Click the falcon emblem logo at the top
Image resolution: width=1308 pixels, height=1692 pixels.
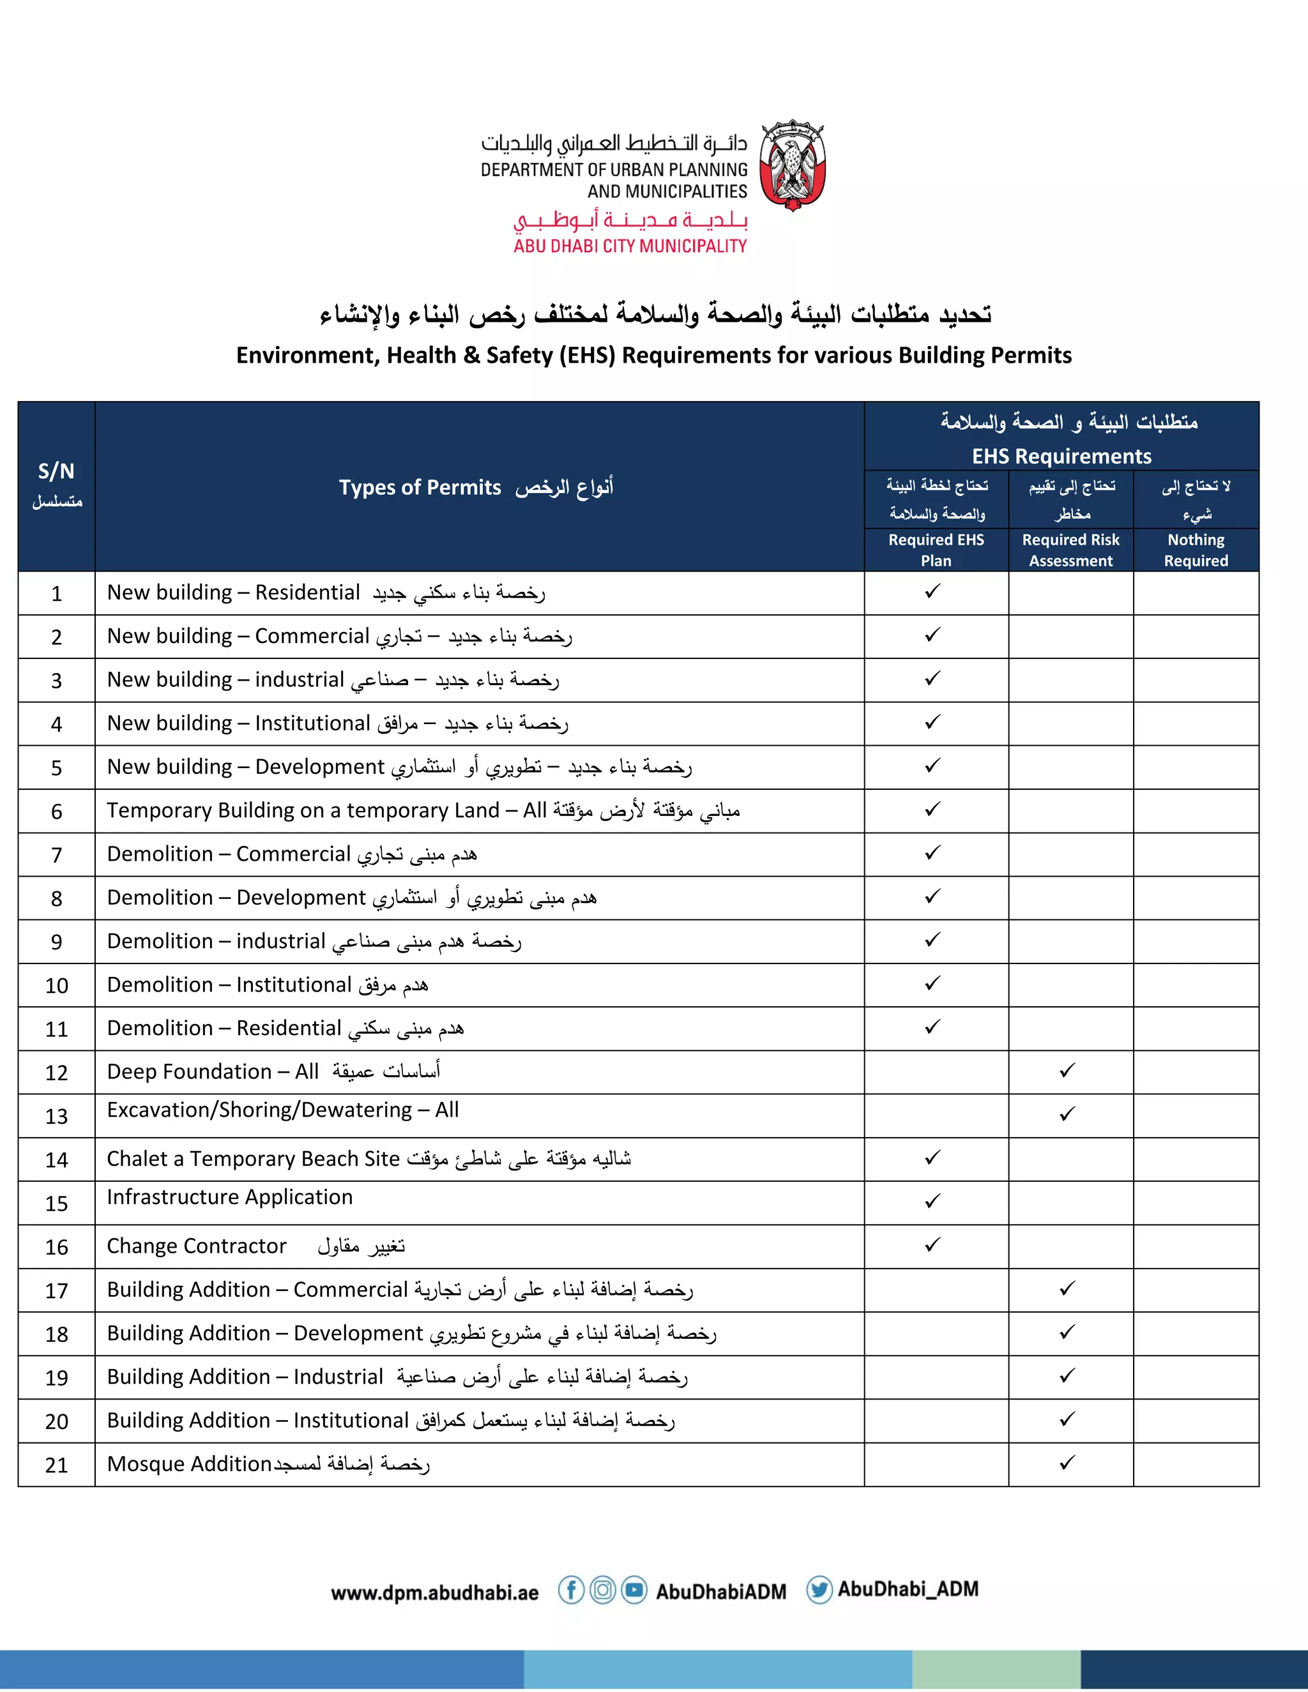pyautogui.click(x=792, y=165)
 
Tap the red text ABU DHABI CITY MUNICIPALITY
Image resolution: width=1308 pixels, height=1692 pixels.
pyautogui.click(x=630, y=246)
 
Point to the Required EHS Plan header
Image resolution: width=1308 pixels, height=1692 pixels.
pyautogui.click(x=936, y=550)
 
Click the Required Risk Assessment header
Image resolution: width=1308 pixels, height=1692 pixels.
pyautogui.click(x=1071, y=550)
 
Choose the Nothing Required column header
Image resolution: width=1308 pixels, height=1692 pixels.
pyautogui.click(x=1196, y=550)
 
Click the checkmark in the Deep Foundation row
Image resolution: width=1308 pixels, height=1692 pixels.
pyautogui.click(x=1068, y=1071)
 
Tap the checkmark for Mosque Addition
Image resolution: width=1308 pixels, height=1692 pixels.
pyautogui.click(x=1068, y=1463)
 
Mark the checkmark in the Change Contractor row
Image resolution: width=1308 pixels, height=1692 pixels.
pyautogui.click(x=933, y=1245)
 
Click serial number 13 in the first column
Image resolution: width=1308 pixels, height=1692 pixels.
pyautogui.click(x=57, y=1116)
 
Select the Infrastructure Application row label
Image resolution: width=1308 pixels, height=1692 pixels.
pyautogui.click(x=229, y=1197)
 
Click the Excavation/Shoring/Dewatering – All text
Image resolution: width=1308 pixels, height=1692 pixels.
pyautogui.click(x=283, y=1110)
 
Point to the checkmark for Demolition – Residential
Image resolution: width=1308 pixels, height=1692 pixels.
pyautogui.click(x=933, y=1027)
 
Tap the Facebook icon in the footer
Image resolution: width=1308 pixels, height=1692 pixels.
pyautogui.click(x=571, y=1590)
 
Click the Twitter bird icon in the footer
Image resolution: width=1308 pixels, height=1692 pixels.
pyautogui.click(x=819, y=1590)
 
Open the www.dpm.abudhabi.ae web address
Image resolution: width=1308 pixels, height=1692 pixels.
pyautogui.click(x=435, y=1593)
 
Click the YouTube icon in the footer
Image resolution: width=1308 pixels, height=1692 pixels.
pyautogui.click(x=634, y=1590)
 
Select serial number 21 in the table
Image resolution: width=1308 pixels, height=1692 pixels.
pyautogui.click(x=57, y=1465)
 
